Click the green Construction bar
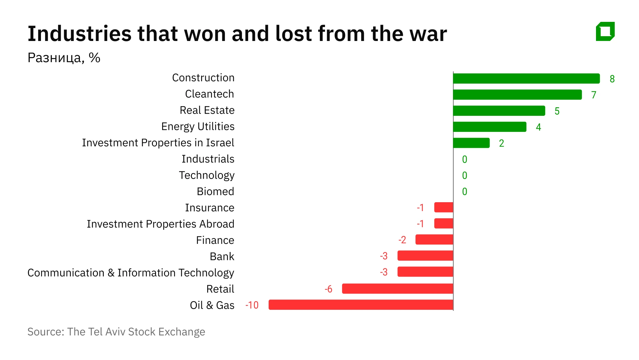point(526,79)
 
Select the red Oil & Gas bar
point(361,305)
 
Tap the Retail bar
point(397,289)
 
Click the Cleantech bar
point(517,95)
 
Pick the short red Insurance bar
point(443,207)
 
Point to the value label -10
point(252,305)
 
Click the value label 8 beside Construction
point(612,79)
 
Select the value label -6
point(328,289)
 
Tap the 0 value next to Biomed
point(465,192)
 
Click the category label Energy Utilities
point(198,127)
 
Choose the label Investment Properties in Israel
point(158,143)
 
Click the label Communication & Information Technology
point(131,273)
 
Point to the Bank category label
point(222,257)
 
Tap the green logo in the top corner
point(605,31)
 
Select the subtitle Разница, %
point(64,58)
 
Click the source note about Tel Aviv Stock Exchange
point(116,332)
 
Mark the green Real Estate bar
point(499,111)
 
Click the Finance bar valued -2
point(434,239)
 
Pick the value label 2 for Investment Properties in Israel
point(501,143)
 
